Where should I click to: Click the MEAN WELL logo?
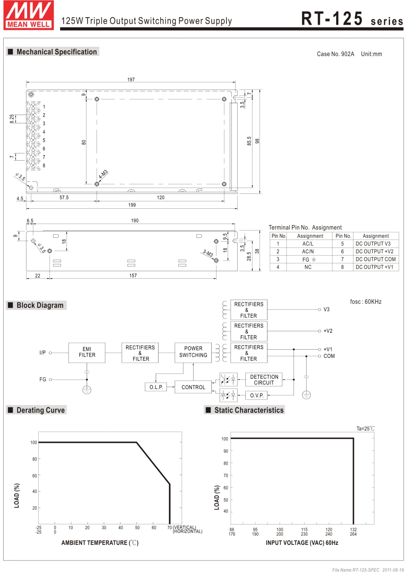coord(28,16)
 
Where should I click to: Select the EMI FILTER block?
coord(87,352)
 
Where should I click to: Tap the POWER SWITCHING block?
coord(193,352)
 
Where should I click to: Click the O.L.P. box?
coord(156,387)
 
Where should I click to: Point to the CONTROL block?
coord(193,387)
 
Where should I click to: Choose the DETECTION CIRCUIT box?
coord(264,380)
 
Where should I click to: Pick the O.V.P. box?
coord(256,395)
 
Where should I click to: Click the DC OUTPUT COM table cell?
coord(376,259)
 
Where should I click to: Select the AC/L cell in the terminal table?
coord(308,244)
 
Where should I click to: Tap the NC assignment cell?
coord(308,267)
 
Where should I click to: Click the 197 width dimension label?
coord(131,80)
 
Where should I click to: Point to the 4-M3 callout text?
coord(103,174)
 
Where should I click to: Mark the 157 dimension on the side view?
coord(133,276)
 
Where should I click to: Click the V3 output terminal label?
coord(326,309)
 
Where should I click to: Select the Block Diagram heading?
coord(40,305)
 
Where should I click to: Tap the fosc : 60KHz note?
coord(365,302)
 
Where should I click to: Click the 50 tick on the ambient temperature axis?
coord(137,528)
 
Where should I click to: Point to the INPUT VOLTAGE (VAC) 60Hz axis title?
coord(302,543)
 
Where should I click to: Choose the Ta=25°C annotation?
coord(365,429)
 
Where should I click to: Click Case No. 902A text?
coord(335,54)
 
